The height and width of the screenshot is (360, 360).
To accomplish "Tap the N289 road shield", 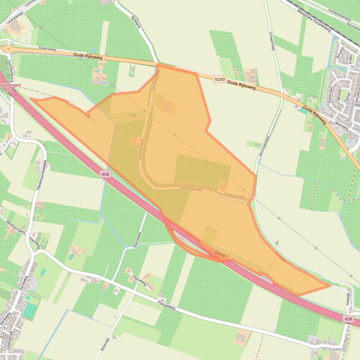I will (219, 79).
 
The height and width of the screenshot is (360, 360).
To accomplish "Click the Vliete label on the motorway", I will (220, 254).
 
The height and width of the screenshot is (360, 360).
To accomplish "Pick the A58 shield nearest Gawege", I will (348, 319).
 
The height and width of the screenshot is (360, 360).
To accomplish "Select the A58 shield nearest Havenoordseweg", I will (106, 174).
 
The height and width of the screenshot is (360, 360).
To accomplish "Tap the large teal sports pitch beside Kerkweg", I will (29, 311).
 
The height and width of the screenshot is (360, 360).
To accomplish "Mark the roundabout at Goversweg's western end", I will (6, 49).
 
